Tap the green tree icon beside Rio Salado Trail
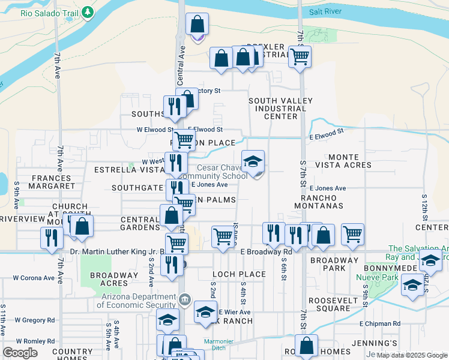click(88, 12)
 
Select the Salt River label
click(327, 11)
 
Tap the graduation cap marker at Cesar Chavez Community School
click(253, 161)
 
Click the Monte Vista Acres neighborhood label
click(350, 161)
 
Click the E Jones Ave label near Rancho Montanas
click(327, 188)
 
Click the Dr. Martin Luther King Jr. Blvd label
click(115, 252)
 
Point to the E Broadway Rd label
click(266, 252)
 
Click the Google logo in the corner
click(20, 353)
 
